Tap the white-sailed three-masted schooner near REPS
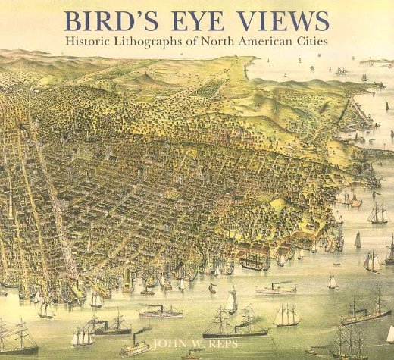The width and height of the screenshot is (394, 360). click(x=286, y=315)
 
